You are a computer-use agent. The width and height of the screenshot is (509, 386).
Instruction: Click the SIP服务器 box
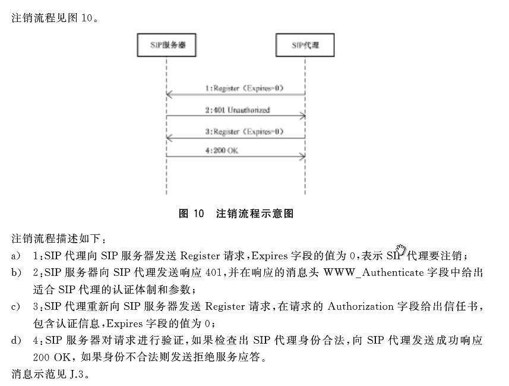click(167, 45)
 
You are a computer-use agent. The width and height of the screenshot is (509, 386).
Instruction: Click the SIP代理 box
click(305, 45)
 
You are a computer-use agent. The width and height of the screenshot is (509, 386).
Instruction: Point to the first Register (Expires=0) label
click(244, 88)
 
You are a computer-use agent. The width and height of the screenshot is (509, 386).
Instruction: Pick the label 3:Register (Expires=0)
click(244, 131)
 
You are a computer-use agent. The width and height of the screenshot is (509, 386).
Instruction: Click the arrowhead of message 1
click(169, 95)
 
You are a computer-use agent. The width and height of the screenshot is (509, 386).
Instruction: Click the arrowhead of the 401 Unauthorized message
click(302, 116)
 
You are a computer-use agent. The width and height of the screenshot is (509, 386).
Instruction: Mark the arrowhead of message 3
click(169, 137)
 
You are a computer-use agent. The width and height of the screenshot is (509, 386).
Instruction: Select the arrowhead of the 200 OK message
click(302, 157)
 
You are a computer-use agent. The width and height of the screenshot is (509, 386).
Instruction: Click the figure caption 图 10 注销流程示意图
click(236, 214)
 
